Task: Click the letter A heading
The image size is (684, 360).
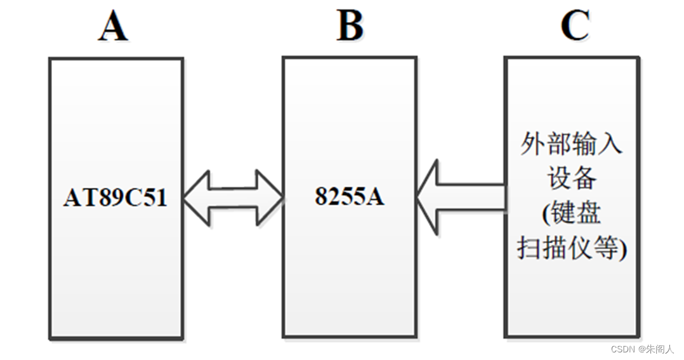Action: tap(113, 27)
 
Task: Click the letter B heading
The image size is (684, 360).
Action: tap(350, 26)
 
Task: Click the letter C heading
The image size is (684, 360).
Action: tap(575, 26)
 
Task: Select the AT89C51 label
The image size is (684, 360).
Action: tap(115, 198)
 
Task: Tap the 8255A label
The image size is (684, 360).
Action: tap(350, 197)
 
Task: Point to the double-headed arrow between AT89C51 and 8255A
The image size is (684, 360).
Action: tap(233, 197)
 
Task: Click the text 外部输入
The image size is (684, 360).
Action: tap(571, 144)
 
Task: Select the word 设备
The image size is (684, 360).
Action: tap(572, 178)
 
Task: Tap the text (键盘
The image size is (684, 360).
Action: tap(571, 213)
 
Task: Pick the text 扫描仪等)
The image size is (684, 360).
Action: tap(572, 248)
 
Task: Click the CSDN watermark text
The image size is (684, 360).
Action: tap(642, 349)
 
